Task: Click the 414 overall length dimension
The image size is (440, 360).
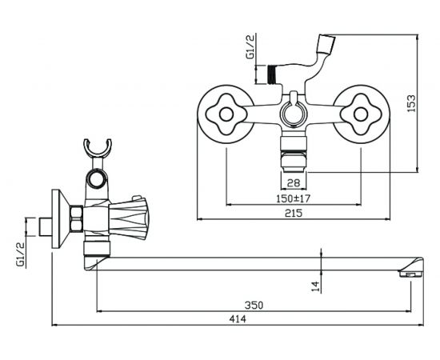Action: [x=238, y=319]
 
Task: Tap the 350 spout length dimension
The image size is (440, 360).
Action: [x=254, y=305]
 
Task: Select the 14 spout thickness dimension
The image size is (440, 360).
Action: [x=316, y=286]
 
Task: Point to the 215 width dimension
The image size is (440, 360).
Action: [x=294, y=214]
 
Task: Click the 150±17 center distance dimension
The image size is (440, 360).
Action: [x=294, y=198]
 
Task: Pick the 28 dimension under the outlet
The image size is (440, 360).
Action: [x=294, y=183]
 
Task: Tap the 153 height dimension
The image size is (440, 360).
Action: [x=411, y=103]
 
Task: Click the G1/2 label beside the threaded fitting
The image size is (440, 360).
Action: [x=250, y=46]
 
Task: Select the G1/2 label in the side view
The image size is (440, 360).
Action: [x=21, y=254]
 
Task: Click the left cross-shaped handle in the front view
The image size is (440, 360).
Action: [x=226, y=114]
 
